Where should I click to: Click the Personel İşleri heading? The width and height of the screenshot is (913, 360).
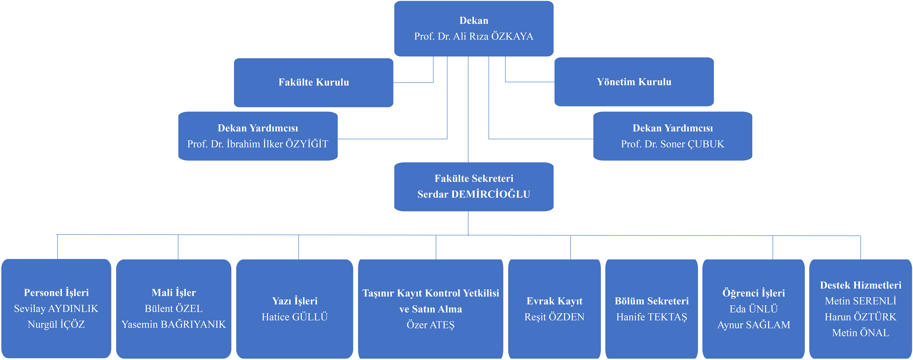coord(56,293)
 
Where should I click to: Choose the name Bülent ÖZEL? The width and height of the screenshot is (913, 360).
coord(174,309)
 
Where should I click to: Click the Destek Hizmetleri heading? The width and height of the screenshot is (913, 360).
coord(861,285)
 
